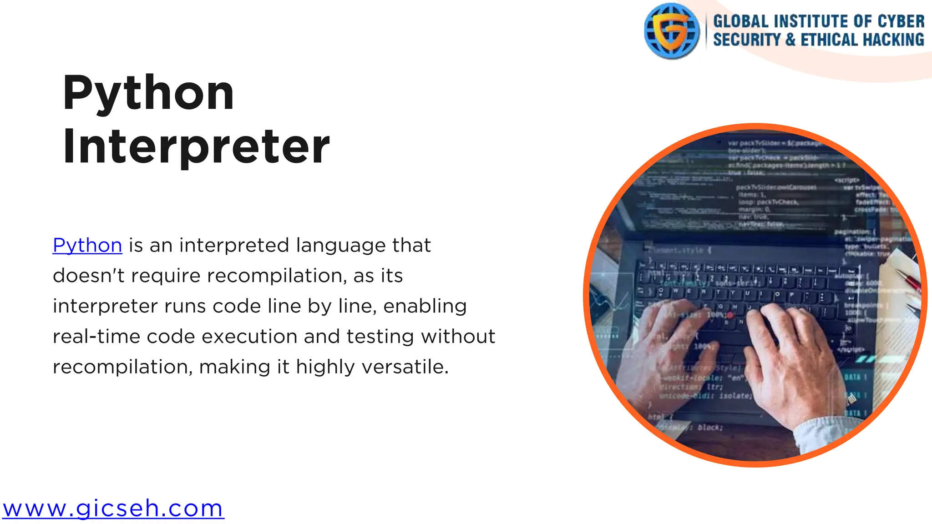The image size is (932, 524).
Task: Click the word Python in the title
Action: coord(148,93)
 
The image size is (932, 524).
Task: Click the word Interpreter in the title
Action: coord(196,146)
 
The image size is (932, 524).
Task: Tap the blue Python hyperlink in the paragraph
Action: coord(87,246)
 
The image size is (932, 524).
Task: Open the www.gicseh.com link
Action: coord(113,509)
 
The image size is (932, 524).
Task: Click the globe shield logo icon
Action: coord(672,31)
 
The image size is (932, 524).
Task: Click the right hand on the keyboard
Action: coord(792,359)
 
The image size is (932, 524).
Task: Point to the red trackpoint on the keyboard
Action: coord(730,315)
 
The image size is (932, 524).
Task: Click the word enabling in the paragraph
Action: coord(425,306)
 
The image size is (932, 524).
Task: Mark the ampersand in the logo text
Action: coord(790,40)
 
